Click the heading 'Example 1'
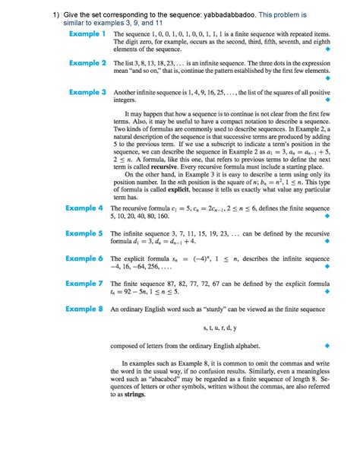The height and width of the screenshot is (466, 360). coord(86,34)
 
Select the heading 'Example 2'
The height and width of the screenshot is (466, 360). coord(86,63)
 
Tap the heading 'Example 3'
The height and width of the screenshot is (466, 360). coord(86,92)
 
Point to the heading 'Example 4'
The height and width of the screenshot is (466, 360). coord(84,208)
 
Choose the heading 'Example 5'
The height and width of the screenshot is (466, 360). coord(84,233)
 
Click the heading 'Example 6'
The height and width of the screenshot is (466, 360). coord(84,258)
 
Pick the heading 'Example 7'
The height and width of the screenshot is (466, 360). coord(84,284)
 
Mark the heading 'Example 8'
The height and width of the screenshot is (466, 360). coord(84,309)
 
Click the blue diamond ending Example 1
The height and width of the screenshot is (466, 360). coord(327,49)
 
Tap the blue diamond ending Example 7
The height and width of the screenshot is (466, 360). coord(327,292)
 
